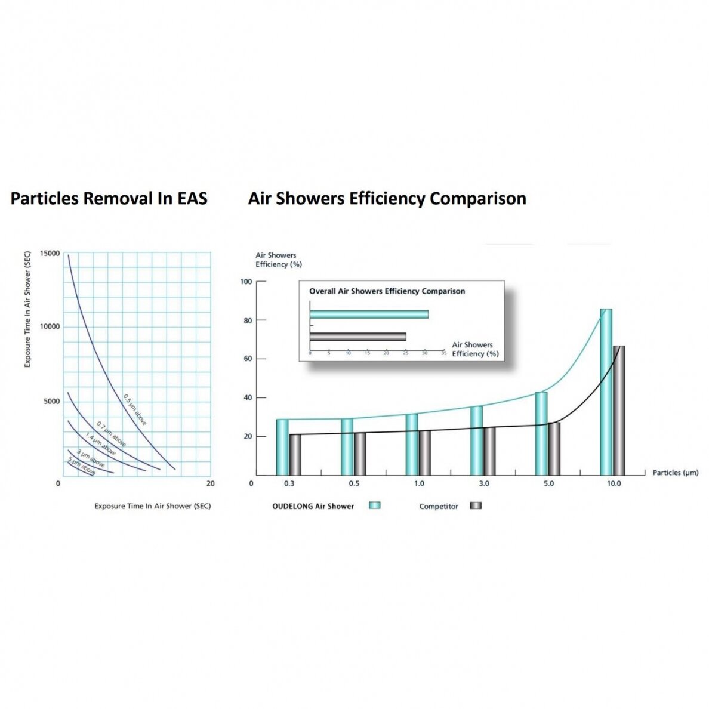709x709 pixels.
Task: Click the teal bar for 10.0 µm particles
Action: pos(606,392)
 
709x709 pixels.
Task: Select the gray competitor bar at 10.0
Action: pos(619,411)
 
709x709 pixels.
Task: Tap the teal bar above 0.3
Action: pos(282,447)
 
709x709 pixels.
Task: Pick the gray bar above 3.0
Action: pos(489,451)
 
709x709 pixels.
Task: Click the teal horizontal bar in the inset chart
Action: pos(369,315)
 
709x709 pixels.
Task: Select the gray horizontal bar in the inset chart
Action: pos(357,337)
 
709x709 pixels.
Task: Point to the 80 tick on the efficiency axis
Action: pos(248,320)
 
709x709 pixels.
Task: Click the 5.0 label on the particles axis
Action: pos(548,483)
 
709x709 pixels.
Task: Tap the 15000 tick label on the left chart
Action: pos(50,253)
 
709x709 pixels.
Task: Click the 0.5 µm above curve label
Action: pos(135,409)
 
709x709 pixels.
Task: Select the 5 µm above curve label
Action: pos(82,466)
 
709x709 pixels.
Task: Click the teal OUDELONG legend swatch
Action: pos(374,505)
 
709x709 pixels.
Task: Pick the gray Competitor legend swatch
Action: pos(476,505)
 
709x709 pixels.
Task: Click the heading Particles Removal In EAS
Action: pos(109,198)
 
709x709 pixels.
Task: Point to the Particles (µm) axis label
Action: pos(676,473)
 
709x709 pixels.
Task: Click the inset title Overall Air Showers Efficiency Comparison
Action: pos(387,291)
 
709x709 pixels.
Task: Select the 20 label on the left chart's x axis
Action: pos(211,483)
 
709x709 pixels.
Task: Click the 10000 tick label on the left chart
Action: pos(50,326)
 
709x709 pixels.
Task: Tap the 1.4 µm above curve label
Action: pos(100,444)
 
